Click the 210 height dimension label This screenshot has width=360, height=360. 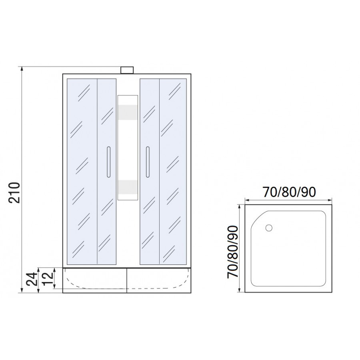click(x=14, y=192)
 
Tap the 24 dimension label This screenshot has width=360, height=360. click(x=32, y=279)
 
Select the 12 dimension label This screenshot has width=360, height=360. click(x=48, y=278)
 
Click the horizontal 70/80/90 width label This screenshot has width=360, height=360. click(x=289, y=192)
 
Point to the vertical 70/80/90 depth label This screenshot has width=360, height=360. click(x=232, y=252)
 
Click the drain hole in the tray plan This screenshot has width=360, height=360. click(x=269, y=228)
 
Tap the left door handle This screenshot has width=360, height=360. click(x=108, y=162)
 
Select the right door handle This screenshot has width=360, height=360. click(x=148, y=162)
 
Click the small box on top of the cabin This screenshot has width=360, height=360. click(x=127, y=70)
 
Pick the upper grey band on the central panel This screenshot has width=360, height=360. click(x=128, y=112)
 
